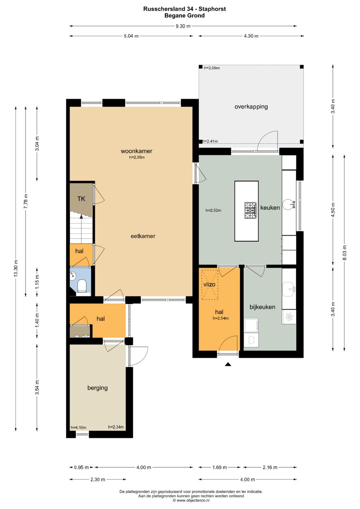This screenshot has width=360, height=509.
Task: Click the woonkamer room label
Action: coord(136,151)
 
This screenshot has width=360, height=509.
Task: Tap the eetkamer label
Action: coord(143,236)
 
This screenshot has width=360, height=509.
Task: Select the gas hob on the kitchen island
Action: coord(250,210)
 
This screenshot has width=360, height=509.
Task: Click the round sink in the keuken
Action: coord(289,205)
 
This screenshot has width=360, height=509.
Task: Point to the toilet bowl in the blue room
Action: coord(82,285)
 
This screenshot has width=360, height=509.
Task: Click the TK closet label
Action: coord(81,199)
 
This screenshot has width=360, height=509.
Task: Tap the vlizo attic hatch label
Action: coord(209,284)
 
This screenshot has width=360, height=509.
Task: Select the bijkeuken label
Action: coord(262,307)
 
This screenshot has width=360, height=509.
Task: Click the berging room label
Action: coord(97,388)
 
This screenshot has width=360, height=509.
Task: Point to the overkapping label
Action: coord(251,107)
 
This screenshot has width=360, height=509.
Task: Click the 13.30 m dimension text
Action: coord(16,268)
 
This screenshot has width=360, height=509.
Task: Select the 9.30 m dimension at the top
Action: coord(183,26)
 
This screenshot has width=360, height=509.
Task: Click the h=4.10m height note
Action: coord(78,427)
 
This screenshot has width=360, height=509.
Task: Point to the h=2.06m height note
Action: coord(212,68)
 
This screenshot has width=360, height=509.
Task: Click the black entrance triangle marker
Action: coord(228,364)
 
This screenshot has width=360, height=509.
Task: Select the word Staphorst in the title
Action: coord(212,9)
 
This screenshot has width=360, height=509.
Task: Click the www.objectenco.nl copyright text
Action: coord(191,500)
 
